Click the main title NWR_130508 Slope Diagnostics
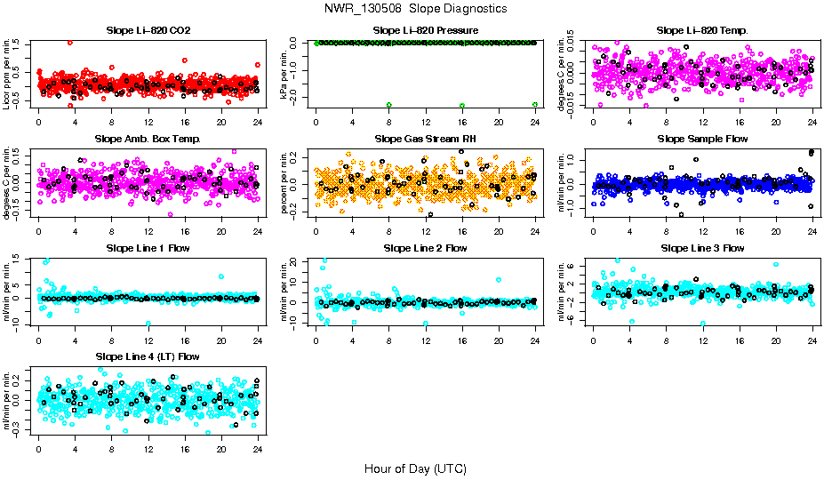[416, 8]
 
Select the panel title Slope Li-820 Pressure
[425, 30]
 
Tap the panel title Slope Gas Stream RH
[425, 139]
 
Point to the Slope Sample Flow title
[702, 139]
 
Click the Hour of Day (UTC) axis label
[415, 468]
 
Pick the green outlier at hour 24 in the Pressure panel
[535, 104]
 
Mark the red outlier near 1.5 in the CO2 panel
[70, 43]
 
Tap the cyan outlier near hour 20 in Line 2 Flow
[499, 279]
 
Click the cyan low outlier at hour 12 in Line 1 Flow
[148, 323]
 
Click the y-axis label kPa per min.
[284, 74]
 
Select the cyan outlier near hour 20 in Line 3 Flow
[776, 264]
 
